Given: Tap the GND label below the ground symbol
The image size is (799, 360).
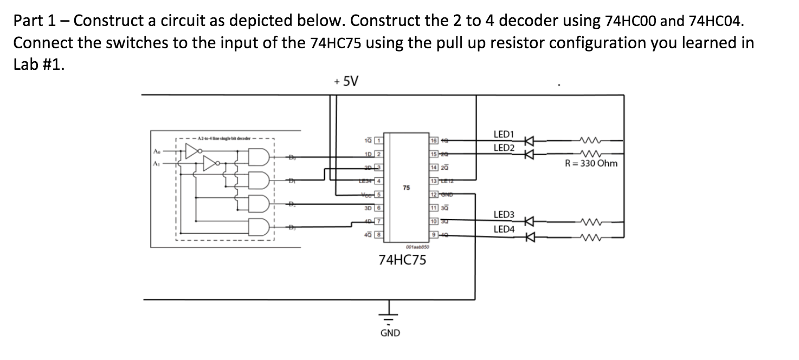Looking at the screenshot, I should [x=390, y=333].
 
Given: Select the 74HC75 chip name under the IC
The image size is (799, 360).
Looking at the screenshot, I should [x=402, y=260].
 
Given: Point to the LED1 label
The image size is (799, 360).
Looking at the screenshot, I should [x=504, y=134].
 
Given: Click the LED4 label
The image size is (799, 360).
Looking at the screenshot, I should [x=504, y=229].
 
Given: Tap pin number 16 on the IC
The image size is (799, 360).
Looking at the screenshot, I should [x=434, y=141].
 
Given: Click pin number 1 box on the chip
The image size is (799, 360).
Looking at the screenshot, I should [x=380, y=141].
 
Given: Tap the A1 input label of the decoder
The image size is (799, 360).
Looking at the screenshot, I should [x=157, y=163].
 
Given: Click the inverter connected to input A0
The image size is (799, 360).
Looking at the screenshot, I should [x=192, y=151].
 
